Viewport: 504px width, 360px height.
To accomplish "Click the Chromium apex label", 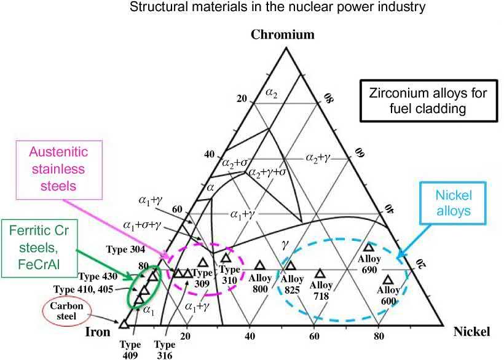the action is [282, 34].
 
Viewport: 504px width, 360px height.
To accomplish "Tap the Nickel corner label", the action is [471, 332].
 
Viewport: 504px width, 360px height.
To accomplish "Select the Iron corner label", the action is [96, 332].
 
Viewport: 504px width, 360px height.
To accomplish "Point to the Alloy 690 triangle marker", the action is [369, 247].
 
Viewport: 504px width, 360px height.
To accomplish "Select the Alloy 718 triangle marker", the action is [320, 273].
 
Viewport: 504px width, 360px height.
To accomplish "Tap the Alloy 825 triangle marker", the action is [291, 265].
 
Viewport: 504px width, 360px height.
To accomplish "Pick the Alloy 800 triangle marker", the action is [259, 265].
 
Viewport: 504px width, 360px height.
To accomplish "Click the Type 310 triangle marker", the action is [226, 258].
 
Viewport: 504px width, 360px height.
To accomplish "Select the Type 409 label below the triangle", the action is [129, 349].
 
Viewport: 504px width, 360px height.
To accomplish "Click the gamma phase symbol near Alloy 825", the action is [285, 245].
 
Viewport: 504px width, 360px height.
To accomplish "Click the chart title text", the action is [251, 7].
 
